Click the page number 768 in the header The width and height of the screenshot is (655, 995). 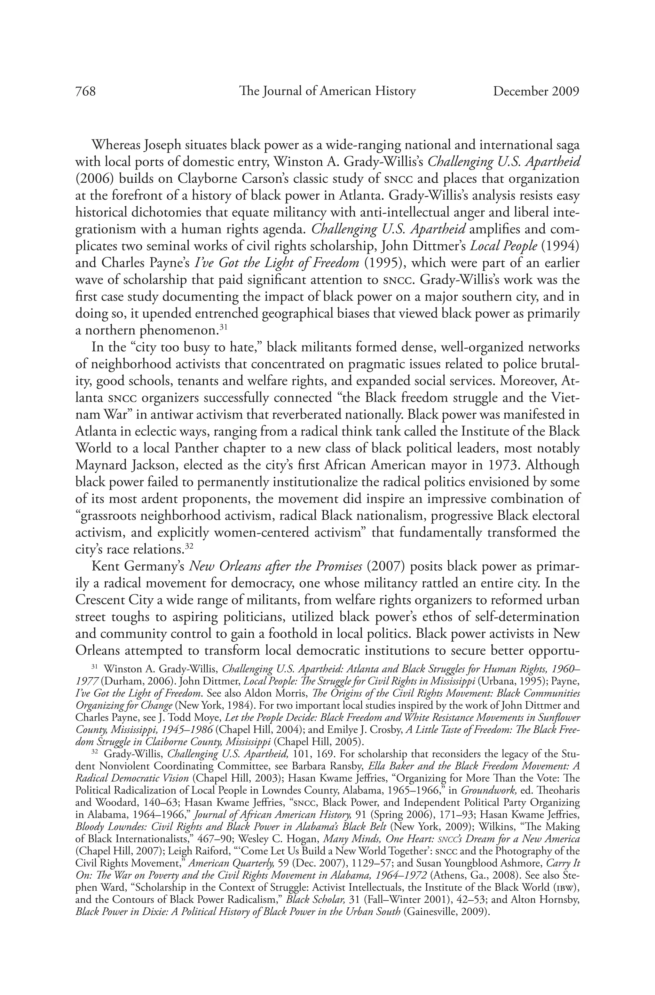85,91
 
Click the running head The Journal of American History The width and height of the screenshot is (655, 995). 327,91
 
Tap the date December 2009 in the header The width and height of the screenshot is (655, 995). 536,91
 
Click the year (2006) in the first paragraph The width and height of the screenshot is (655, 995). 95,179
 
